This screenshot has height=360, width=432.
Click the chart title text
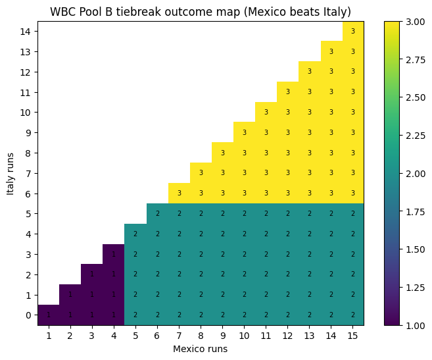[x=201, y=11]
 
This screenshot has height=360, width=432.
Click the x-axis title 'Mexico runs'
[x=201, y=349]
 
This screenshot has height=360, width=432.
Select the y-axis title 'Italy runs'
[x=11, y=173]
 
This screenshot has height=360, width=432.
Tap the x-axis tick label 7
[x=179, y=336]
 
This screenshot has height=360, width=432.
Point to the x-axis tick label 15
[x=353, y=336]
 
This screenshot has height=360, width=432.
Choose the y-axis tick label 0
[x=28, y=315]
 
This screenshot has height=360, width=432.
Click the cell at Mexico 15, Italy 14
[x=353, y=32]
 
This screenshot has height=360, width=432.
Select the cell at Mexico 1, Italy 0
[x=48, y=315]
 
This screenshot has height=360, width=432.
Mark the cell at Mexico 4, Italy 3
[x=114, y=254]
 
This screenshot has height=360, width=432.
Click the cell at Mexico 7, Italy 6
[x=179, y=193]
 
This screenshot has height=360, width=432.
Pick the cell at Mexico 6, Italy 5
[x=157, y=214]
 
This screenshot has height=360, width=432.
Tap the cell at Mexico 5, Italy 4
[x=135, y=234]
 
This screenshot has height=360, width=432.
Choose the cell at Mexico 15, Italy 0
[x=353, y=315]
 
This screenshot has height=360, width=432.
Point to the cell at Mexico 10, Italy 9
[x=244, y=133]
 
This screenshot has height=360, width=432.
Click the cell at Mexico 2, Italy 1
[x=70, y=295]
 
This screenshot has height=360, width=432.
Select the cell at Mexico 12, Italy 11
[x=287, y=92]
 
